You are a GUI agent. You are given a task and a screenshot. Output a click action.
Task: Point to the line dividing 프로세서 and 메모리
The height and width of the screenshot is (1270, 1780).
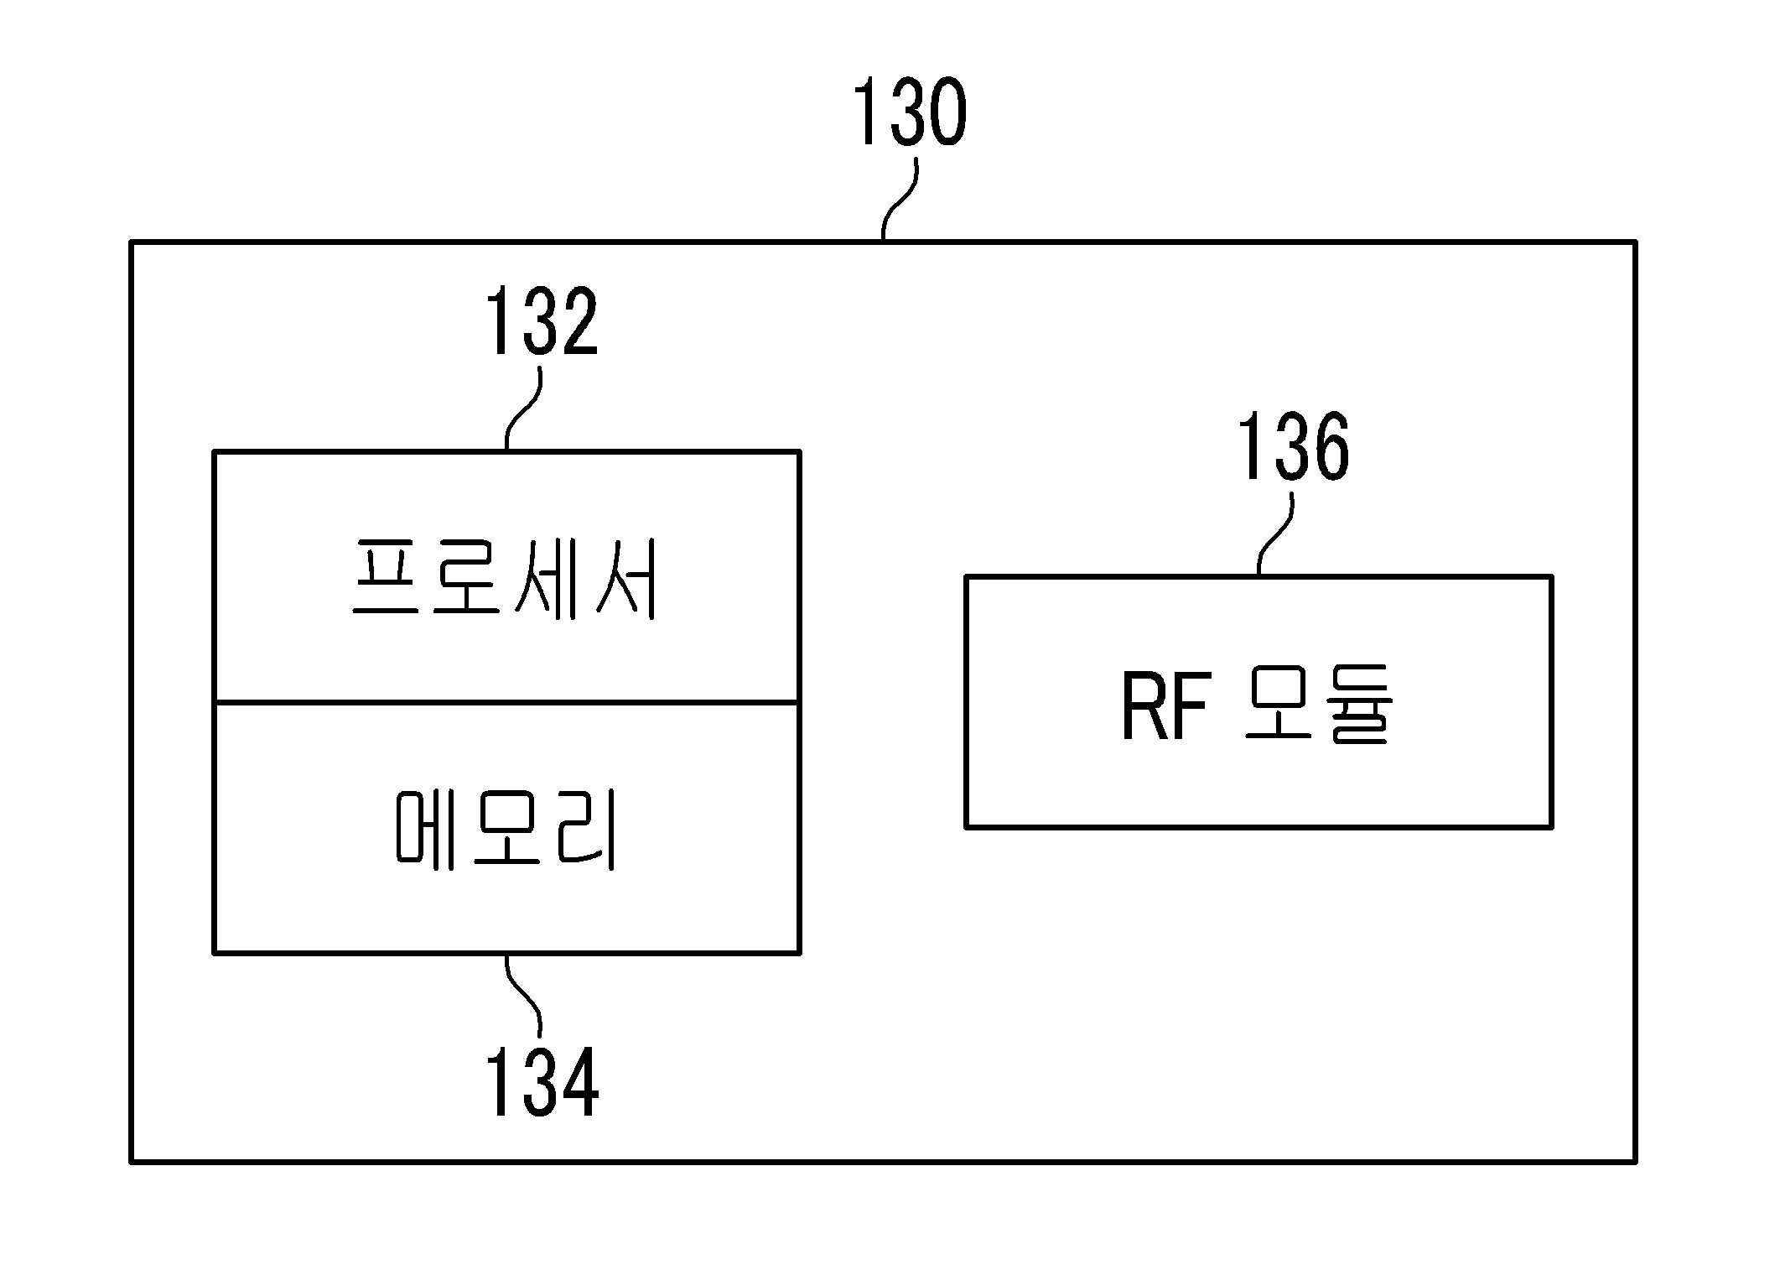click(507, 702)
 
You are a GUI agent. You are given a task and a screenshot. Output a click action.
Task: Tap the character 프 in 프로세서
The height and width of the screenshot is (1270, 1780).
click(385, 578)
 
